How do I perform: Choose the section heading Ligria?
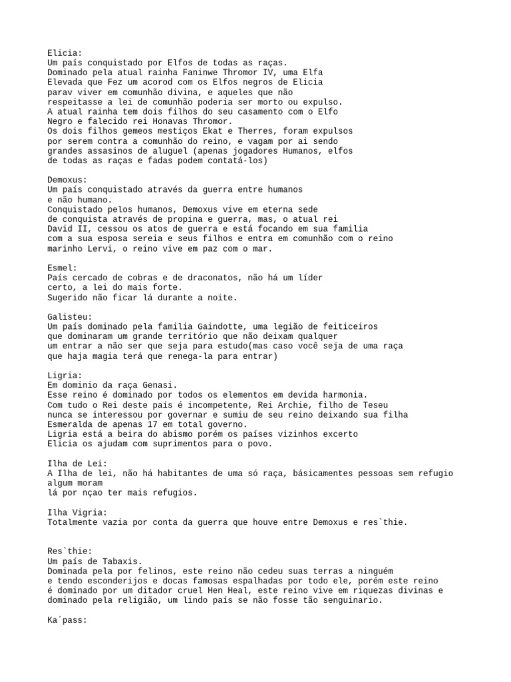[x=65, y=376]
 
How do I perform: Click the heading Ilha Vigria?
[x=77, y=512]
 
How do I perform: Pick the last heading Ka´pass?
[x=67, y=619]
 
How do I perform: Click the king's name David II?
[x=67, y=228]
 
